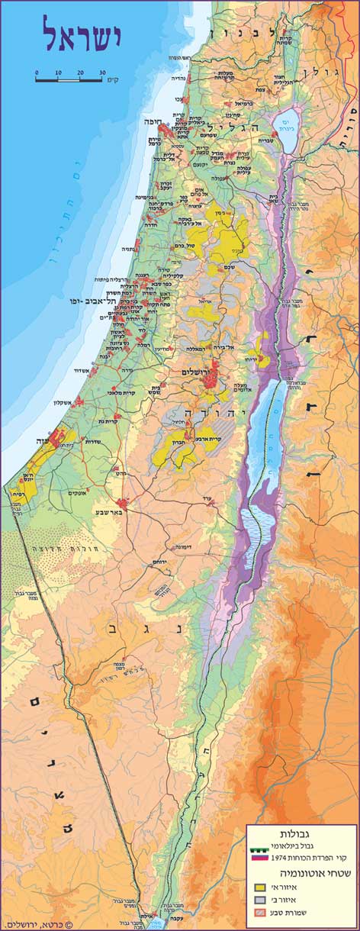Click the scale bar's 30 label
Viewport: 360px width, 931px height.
click(102, 73)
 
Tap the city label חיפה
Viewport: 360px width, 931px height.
click(153, 121)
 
